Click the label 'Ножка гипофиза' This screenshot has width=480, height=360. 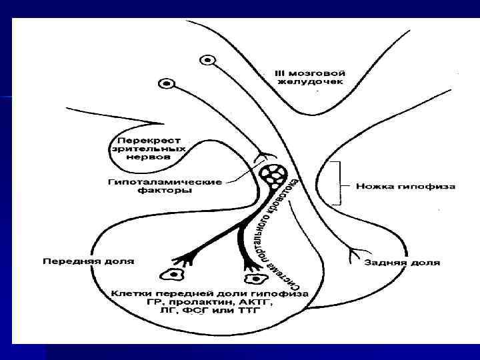click(x=405, y=186)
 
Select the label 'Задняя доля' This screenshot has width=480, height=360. click(x=402, y=262)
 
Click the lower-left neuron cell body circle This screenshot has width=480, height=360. click(x=167, y=85)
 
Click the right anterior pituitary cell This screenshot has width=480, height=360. click(x=253, y=280)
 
